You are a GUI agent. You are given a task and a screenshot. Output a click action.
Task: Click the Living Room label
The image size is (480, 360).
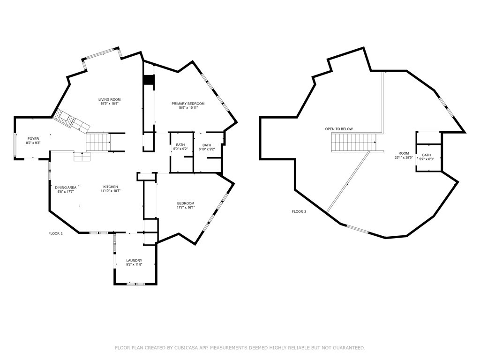tap(110, 99)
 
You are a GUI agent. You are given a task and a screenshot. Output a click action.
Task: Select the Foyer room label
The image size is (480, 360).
tap(33, 139)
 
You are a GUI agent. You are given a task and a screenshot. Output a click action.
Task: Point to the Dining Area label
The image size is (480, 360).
tap(66, 187)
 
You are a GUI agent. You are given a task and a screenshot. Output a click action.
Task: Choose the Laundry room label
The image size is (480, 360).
tap(134, 261)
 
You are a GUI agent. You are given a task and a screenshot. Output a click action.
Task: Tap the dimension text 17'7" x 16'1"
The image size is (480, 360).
tap(186, 207)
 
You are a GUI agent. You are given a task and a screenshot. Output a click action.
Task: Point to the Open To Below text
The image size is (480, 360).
tap(339, 129)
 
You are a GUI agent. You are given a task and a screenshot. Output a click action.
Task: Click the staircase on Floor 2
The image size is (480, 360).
tap(354, 142)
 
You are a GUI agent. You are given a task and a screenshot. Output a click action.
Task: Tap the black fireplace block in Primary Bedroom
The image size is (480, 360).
tap(149, 80)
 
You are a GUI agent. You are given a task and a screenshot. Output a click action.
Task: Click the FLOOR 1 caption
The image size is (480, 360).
tap(55, 233)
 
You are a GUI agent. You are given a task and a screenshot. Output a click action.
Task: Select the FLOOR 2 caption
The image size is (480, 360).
tap(299, 211)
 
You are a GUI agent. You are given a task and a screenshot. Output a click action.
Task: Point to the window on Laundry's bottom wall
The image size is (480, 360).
tap(136, 284)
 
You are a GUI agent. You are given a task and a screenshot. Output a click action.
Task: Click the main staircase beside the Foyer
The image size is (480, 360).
tap(97, 141)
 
